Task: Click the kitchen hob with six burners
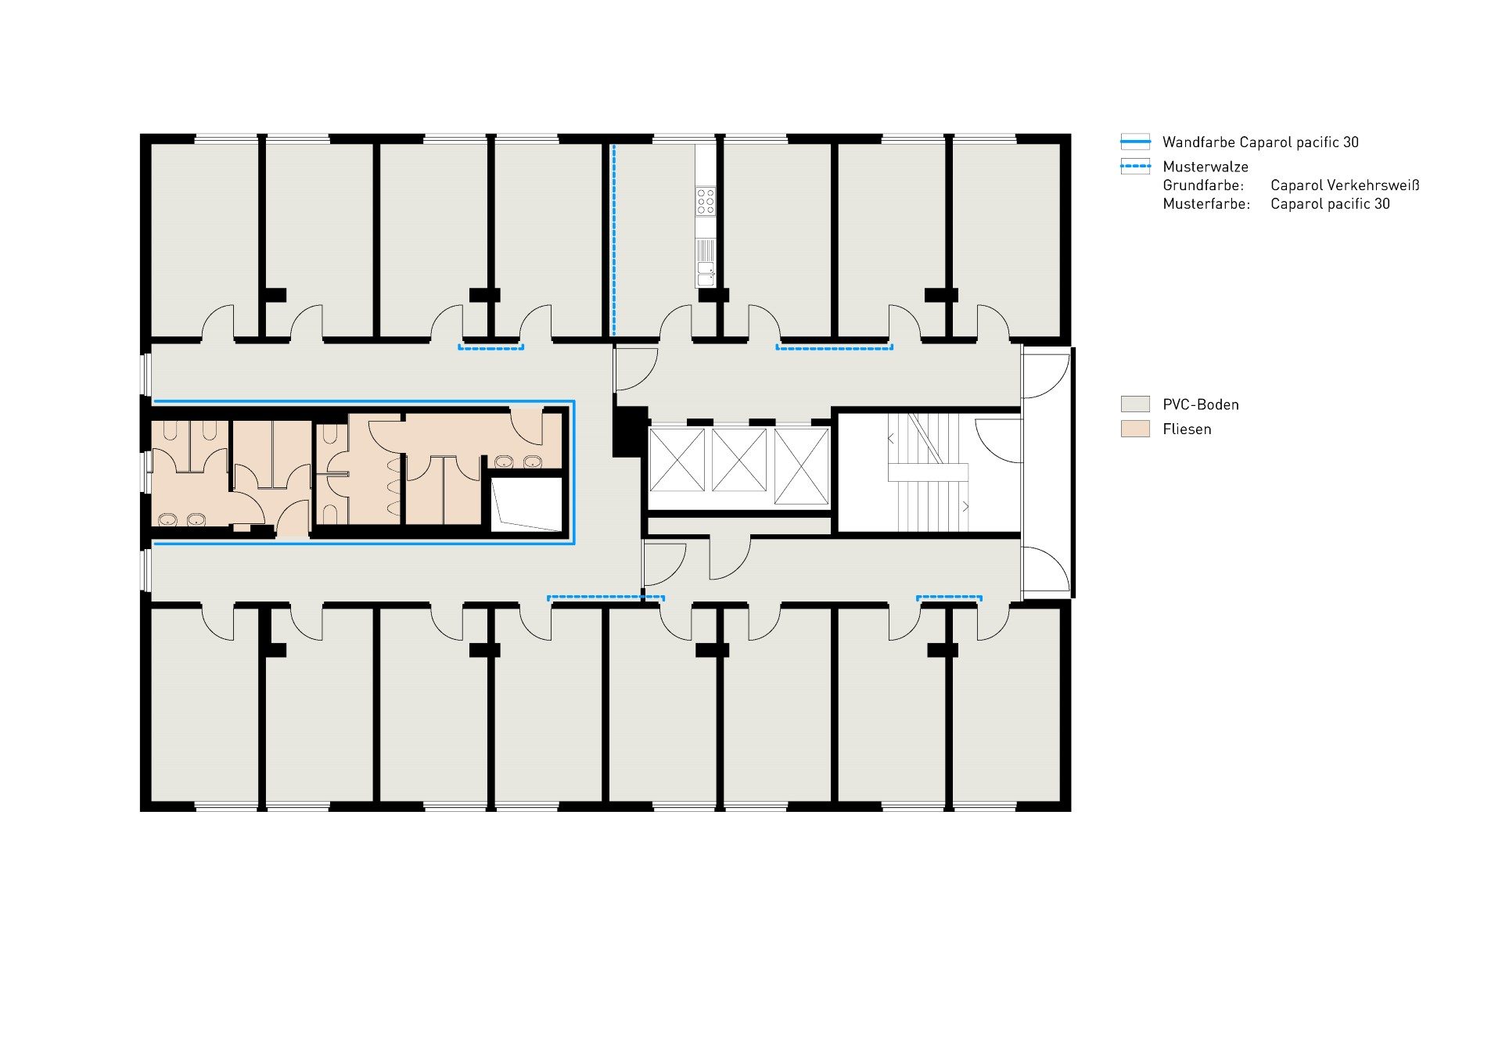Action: (706, 200)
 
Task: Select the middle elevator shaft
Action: (738, 461)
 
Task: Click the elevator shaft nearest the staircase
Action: (801, 466)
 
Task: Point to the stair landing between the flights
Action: (928, 472)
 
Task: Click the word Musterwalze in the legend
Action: (1206, 167)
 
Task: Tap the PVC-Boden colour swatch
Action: (1135, 404)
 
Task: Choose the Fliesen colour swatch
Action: (1135, 429)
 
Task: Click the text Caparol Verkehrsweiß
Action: (1345, 185)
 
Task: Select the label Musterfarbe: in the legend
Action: (1206, 204)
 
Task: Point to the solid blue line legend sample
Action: (1135, 142)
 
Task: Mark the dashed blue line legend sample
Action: (1135, 167)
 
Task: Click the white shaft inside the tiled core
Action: (526, 505)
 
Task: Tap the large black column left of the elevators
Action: (626, 431)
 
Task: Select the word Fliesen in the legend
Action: (1187, 429)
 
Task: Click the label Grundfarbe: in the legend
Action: (1203, 185)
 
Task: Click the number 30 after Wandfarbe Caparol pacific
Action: (1350, 142)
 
